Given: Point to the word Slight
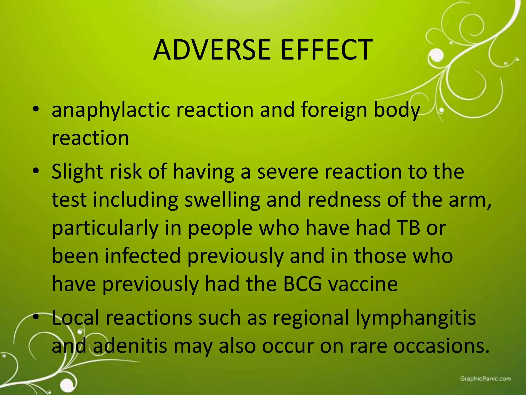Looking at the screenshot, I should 77,172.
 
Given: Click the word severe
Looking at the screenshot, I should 288,172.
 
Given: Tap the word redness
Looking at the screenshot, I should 344,200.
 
